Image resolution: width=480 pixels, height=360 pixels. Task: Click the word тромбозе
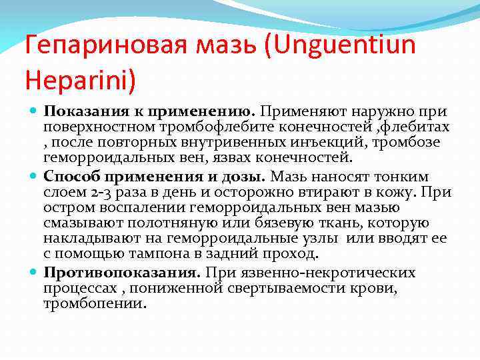(x=404, y=143)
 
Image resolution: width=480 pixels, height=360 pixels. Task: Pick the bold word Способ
(x=70, y=176)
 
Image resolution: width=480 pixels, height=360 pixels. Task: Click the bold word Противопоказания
(x=122, y=272)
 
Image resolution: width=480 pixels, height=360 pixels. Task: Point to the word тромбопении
(x=95, y=303)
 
